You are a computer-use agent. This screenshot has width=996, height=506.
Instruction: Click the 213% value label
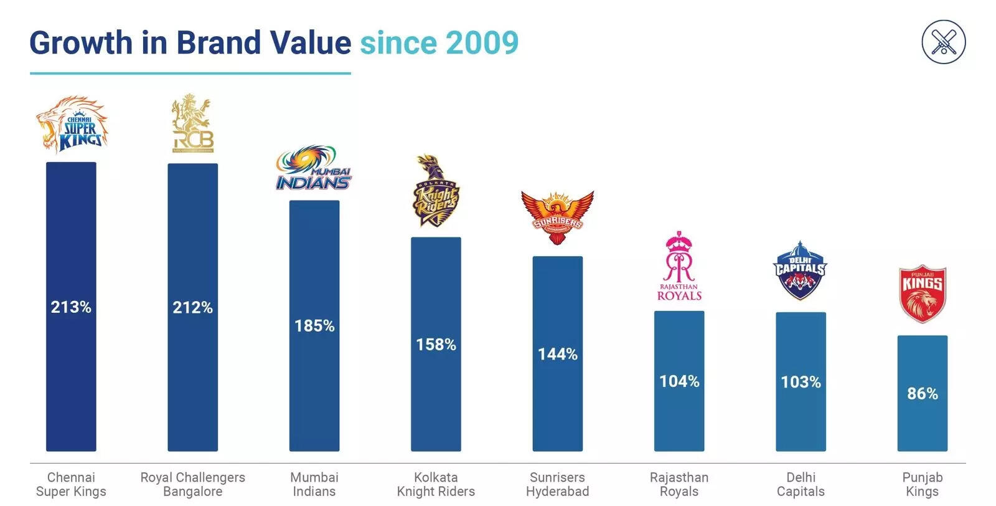point(71,307)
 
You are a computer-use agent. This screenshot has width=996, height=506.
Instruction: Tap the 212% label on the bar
point(192,307)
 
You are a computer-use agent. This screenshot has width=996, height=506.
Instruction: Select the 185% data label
point(314,325)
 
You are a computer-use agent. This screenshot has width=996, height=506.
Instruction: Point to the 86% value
point(922,393)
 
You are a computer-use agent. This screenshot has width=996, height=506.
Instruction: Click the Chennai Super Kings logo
point(72,125)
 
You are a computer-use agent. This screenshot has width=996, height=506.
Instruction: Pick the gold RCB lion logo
point(192,123)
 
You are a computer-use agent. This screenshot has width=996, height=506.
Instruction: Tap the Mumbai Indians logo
point(314,168)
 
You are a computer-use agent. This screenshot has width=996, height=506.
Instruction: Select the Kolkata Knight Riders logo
point(436,191)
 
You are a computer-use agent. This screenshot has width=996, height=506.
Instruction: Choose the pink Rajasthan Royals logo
point(679,266)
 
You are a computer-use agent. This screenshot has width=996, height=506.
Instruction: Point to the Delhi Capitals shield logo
point(801,271)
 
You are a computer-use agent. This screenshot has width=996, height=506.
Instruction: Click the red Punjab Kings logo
point(922,294)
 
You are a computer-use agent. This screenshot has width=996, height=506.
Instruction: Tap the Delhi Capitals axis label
point(801,484)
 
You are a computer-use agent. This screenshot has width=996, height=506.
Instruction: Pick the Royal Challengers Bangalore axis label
point(192,484)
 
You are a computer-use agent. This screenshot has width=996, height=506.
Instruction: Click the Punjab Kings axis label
point(922,484)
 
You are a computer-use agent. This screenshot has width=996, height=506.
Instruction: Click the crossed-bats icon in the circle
point(943,42)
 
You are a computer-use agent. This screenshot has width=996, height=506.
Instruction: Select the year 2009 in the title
point(482,43)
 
